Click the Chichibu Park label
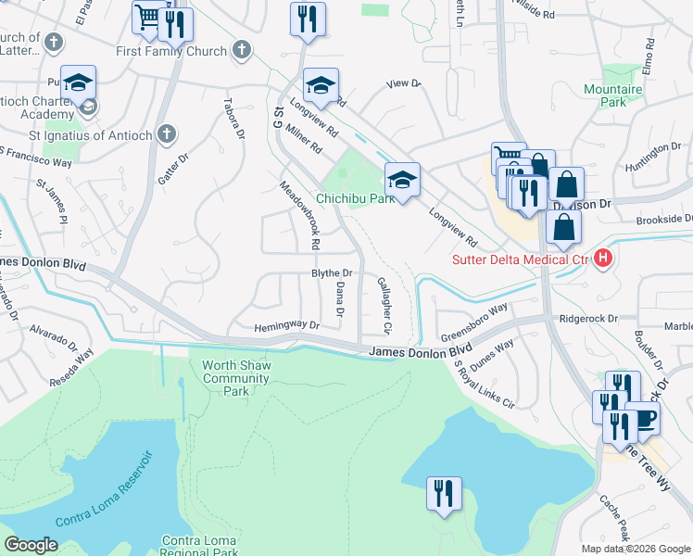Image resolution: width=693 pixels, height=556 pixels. click(x=356, y=198)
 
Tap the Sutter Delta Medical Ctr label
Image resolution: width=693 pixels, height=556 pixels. click(x=521, y=259)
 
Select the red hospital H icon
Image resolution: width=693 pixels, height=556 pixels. click(x=604, y=259)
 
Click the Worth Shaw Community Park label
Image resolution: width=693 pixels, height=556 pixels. click(x=236, y=378)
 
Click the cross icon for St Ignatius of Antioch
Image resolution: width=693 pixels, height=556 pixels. click(x=166, y=135)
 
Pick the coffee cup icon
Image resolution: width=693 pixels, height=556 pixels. click(x=643, y=418)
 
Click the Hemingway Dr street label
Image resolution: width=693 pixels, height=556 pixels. click(x=287, y=326)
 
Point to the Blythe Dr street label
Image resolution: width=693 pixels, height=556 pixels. click(x=332, y=272)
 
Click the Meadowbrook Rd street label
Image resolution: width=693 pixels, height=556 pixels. click(x=301, y=215)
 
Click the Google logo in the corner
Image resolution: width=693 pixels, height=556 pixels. click(x=31, y=545)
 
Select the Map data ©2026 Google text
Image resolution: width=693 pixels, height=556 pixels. click(x=636, y=549)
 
